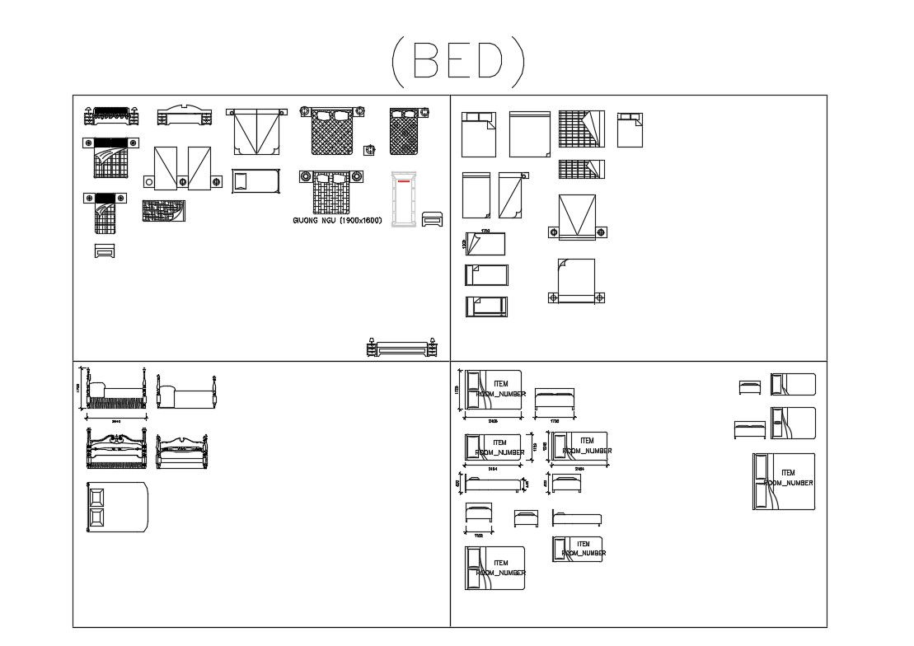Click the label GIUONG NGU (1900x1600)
(337, 221)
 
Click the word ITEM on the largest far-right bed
(788, 473)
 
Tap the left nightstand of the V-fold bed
(554, 232)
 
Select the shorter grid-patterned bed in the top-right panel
(582, 169)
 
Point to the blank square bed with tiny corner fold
(529, 133)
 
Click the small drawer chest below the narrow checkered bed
(105, 251)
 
